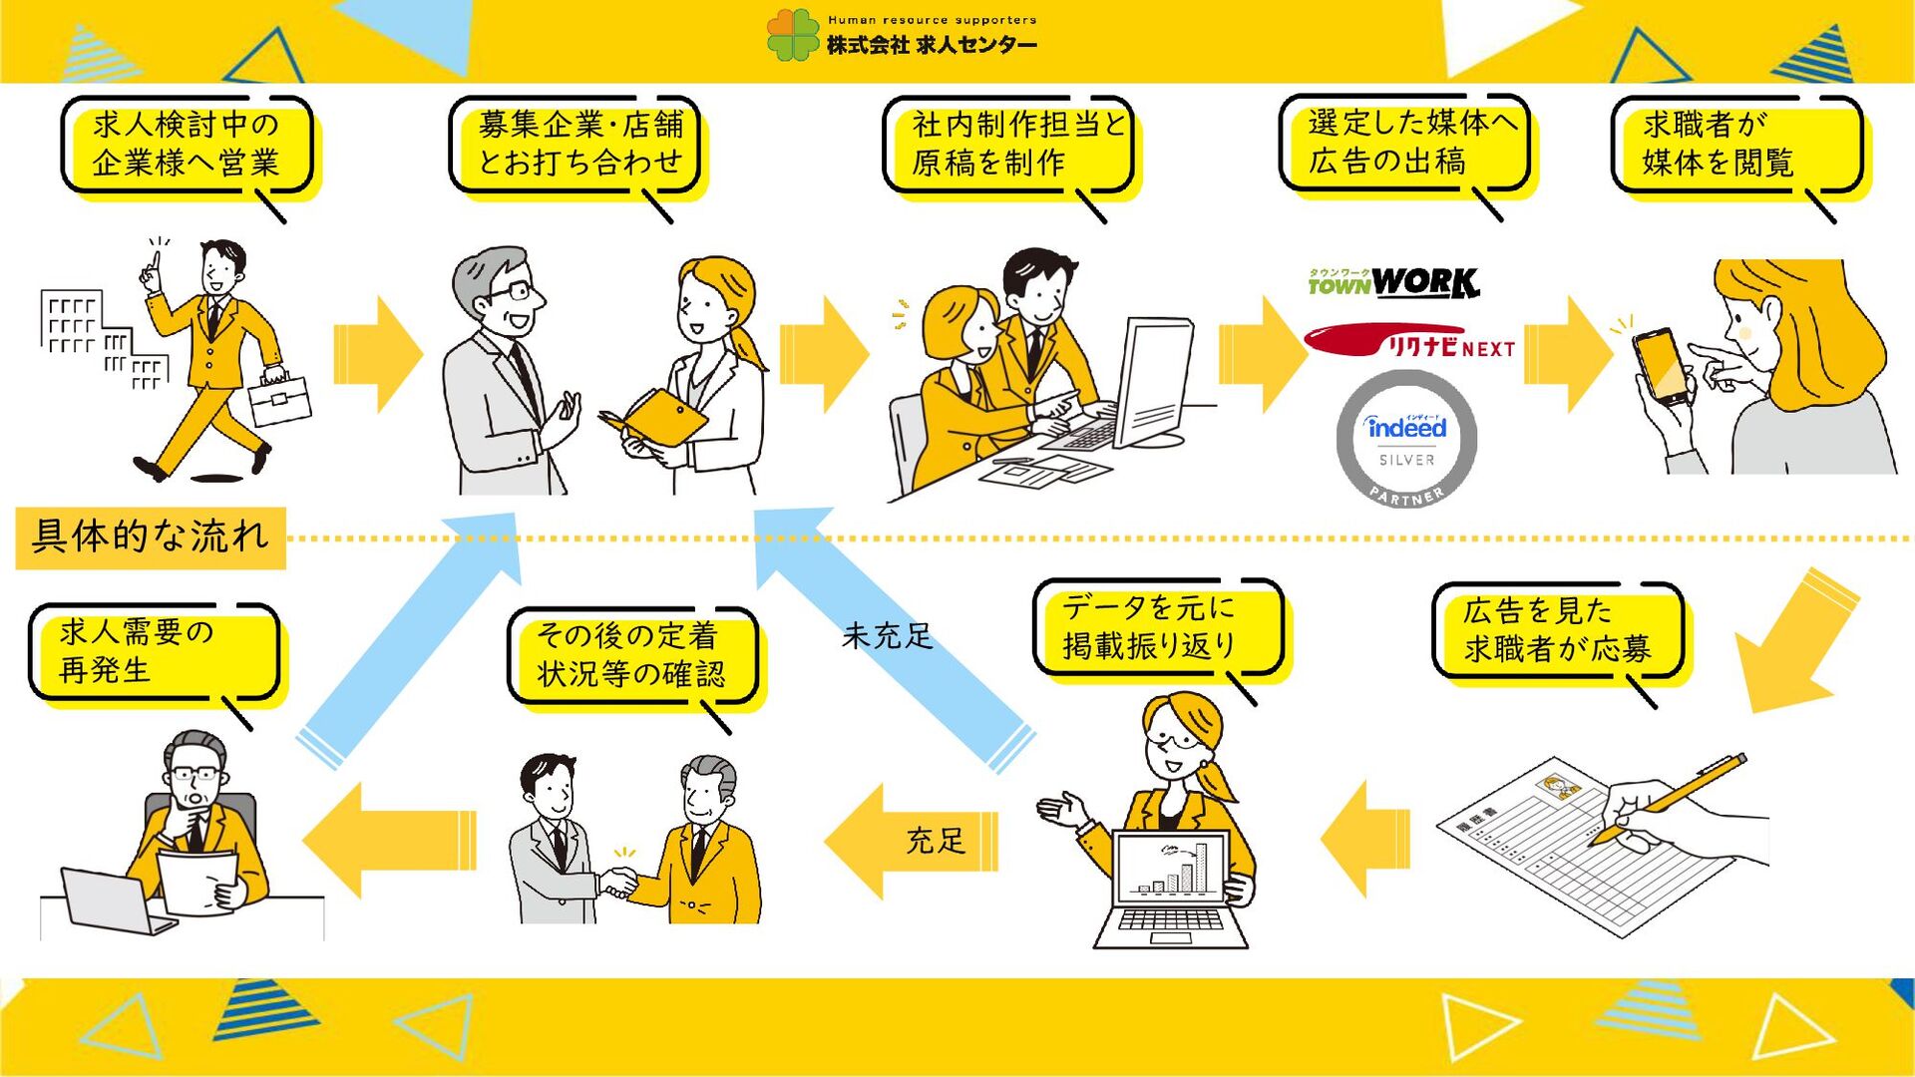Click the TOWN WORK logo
tap(1393, 283)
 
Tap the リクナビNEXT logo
tap(1409, 342)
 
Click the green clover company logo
tap(794, 35)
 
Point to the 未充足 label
tap(887, 635)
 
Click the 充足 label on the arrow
tap(936, 841)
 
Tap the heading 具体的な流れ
tap(151, 537)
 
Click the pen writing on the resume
tap(1668, 799)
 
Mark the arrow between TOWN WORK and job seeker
tap(1567, 354)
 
